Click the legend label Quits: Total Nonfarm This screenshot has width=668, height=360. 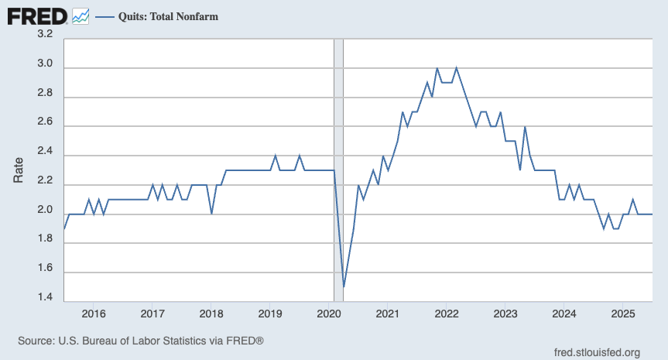(x=167, y=15)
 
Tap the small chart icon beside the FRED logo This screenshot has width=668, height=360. (x=80, y=15)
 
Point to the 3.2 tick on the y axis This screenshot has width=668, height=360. (x=45, y=34)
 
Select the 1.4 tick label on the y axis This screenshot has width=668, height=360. (x=45, y=297)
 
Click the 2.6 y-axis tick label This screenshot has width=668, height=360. (x=45, y=122)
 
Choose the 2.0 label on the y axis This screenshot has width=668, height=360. (x=45, y=210)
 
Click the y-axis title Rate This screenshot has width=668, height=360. (x=19, y=170)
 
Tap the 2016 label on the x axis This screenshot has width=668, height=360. (x=93, y=314)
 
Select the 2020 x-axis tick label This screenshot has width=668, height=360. (x=329, y=314)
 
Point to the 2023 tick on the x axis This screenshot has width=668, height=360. (x=505, y=314)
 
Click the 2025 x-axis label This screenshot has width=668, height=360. (x=623, y=314)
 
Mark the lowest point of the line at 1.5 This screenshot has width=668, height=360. (x=344, y=286)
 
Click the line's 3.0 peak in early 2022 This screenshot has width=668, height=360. (x=457, y=68)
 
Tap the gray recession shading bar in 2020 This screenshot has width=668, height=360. (x=338, y=155)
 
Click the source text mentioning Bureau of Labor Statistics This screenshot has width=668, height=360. (x=141, y=341)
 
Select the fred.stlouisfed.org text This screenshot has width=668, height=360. (x=597, y=352)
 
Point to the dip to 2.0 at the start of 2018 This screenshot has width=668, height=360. (x=211, y=214)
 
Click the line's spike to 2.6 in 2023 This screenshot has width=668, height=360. (x=525, y=127)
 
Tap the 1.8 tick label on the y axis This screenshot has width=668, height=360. (x=45, y=239)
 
